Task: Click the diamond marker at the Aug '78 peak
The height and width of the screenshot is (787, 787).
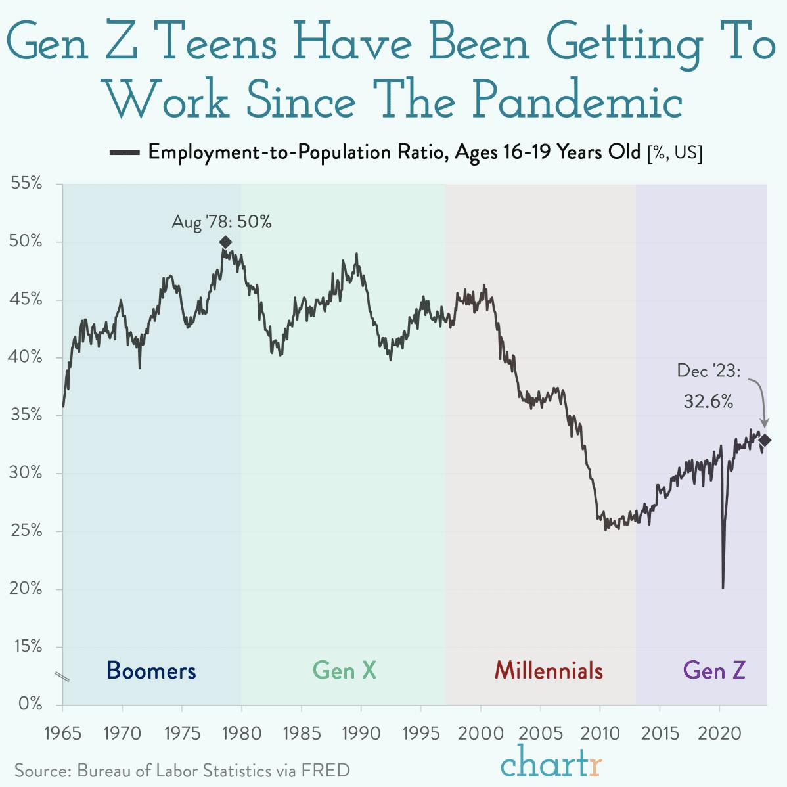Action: coord(225,242)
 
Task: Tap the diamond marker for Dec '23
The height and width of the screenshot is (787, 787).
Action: coord(765,440)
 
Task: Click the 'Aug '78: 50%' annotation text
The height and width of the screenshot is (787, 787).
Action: coord(221,222)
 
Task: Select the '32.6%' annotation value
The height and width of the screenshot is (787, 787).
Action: coord(708,401)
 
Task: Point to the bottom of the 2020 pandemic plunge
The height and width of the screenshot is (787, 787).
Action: coord(723,587)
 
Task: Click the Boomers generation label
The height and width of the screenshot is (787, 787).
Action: coord(151,671)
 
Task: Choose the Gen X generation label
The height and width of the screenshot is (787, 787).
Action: coord(344,671)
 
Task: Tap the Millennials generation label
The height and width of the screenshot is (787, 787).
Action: coord(549,671)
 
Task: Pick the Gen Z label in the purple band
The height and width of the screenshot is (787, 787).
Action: coord(714,671)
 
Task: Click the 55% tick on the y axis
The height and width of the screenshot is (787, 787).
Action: coord(26,184)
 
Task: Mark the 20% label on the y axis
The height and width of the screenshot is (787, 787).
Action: coord(26,589)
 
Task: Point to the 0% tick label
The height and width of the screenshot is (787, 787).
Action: coord(30,705)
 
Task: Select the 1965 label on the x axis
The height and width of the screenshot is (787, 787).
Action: coord(62,733)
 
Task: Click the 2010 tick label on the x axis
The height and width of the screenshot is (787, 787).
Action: coord(600,733)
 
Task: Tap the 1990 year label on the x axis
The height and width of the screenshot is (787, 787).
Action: coord(361,733)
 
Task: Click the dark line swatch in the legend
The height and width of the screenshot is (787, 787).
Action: coord(125,153)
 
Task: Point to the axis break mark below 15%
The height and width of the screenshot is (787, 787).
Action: coord(62,677)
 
